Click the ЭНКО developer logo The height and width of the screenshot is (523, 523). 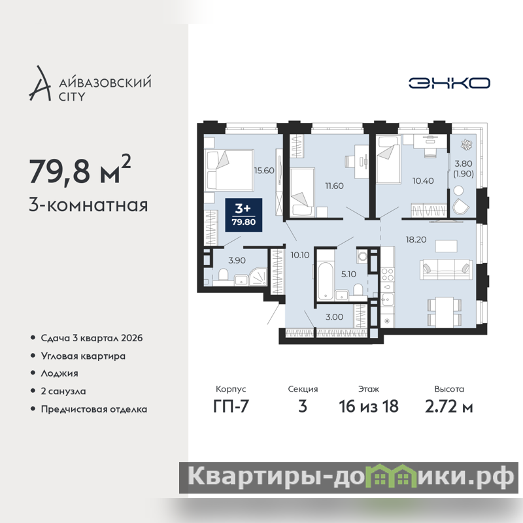tap(449, 83)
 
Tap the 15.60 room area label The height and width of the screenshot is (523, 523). tap(264, 171)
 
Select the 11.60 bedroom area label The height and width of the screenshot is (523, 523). tap(334, 186)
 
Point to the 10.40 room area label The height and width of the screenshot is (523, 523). tap(423, 181)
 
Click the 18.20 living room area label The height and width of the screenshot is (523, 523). tap(416, 239)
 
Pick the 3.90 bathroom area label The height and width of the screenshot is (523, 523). tap(237, 260)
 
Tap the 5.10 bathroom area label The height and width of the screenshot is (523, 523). tap(348, 274)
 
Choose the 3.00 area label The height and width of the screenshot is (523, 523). tap(334, 317)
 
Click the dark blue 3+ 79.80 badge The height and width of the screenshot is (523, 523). tap(243, 215)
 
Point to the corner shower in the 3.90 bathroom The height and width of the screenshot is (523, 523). tap(258, 277)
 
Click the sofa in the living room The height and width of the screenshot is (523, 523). tap(447, 269)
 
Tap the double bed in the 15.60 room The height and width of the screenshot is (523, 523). tap(230, 170)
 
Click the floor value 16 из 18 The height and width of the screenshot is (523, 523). tap(369, 407)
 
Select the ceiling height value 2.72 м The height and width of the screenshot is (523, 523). tap(449, 407)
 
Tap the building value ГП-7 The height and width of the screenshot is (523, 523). tap(231, 407)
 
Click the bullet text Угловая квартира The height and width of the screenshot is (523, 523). tap(83, 356)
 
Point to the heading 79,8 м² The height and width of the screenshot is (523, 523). tap(80, 170)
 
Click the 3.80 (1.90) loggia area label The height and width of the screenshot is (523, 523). tap(464, 169)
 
